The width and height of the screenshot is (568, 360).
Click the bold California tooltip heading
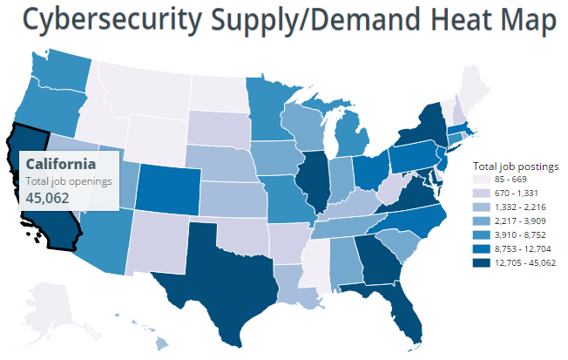(x=61, y=164)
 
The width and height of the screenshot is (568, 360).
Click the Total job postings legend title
(x=515, y=165)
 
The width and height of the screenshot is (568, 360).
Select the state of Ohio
(x=369, y=173)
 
